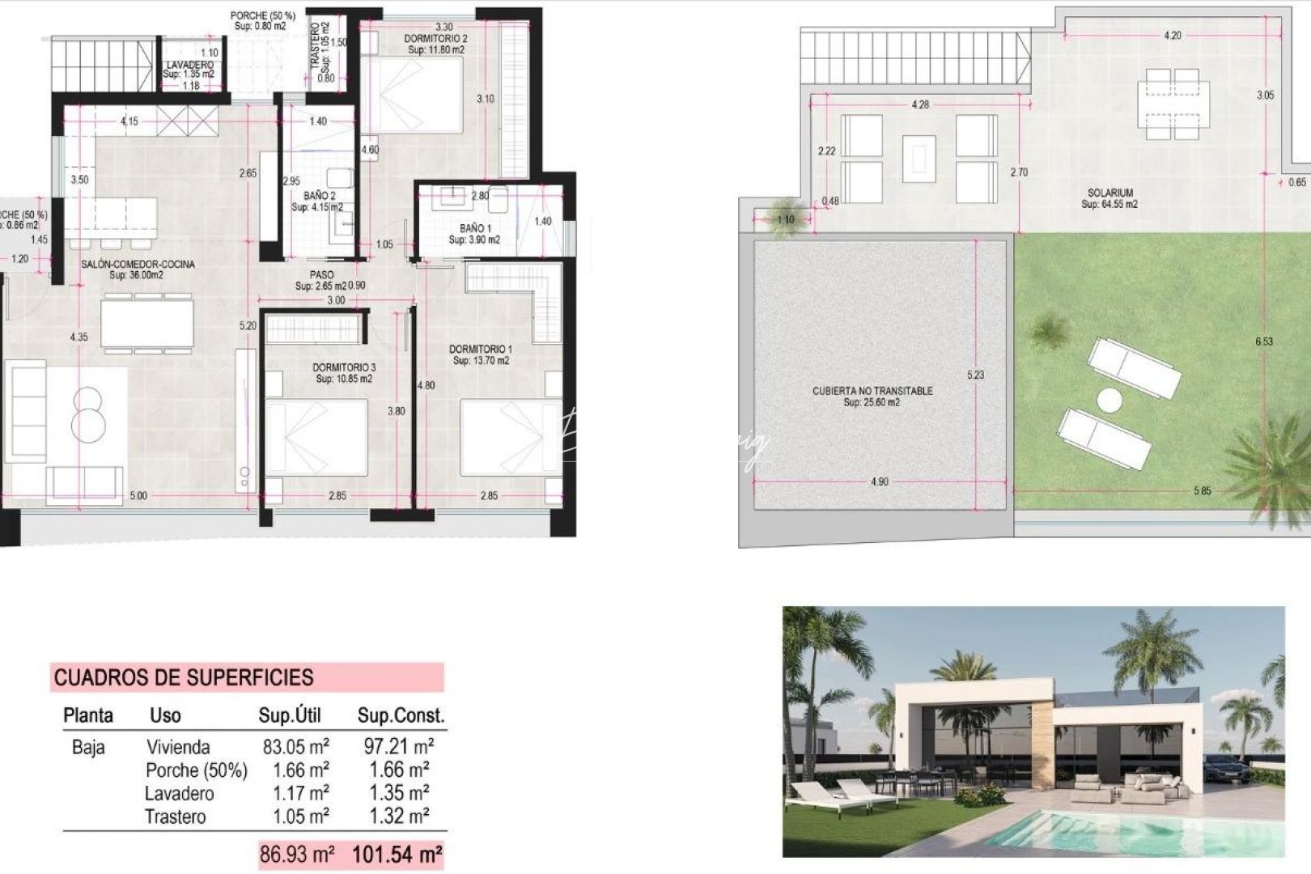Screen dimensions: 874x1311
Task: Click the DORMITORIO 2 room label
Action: click(x=435, y=38)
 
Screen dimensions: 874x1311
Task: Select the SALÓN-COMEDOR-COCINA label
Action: click(x=138, y=264)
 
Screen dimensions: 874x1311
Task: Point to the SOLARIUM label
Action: click(x=1109, y=193)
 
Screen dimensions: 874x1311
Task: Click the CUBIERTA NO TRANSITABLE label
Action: click(x=872, y=391)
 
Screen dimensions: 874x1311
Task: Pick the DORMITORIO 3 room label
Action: click(x=344, y=367)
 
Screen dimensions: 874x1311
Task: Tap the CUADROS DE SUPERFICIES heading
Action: click(x=184, y=677)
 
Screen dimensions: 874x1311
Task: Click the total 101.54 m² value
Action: click(x=397, y=854)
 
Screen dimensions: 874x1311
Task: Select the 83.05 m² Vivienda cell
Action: click(x=295, y=746)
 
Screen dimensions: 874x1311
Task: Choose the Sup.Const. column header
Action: click(x=401, y=715)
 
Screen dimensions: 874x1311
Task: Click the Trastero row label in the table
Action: click(x=175, y=817)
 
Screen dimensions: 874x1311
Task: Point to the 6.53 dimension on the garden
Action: click(x=1264, y=342)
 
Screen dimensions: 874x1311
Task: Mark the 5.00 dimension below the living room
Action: click(x=138, y=495)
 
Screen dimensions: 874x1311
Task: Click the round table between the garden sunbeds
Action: click(x=1109, y=400)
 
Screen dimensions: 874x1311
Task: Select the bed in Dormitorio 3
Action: click(x=316, y=437)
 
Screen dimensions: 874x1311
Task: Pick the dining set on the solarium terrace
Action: click(x=1172, y=99)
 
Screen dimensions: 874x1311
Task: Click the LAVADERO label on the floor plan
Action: click(x=190, y=65)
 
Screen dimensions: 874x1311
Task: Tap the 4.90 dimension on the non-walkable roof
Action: click(x=879, y=482)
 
